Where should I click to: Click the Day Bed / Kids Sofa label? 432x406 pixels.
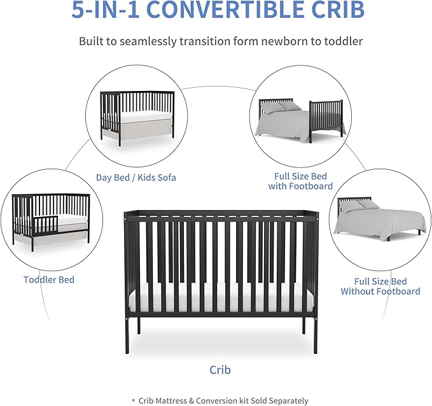tap(136, 178)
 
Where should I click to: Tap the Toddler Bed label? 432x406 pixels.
tap(49, 279)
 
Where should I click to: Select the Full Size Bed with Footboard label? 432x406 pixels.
tap(301, 181)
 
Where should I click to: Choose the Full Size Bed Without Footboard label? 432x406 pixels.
tap(380, 286)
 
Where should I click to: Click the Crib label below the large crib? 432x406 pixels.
tap(220, 369)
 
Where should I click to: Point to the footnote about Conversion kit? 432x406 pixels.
tap(220, 401)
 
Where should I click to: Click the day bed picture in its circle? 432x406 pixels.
tap(137, 118)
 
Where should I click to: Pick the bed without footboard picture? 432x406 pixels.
tap(380, 220)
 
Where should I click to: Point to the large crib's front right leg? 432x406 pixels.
tap(303, 327)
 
